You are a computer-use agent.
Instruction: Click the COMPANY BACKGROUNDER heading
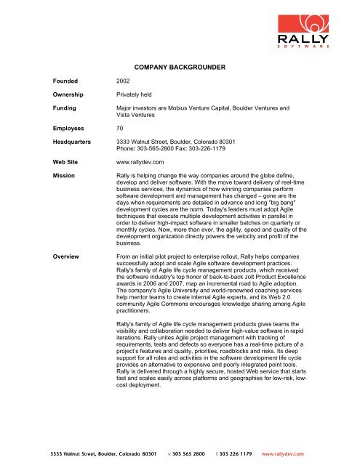(x=180, y=67)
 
